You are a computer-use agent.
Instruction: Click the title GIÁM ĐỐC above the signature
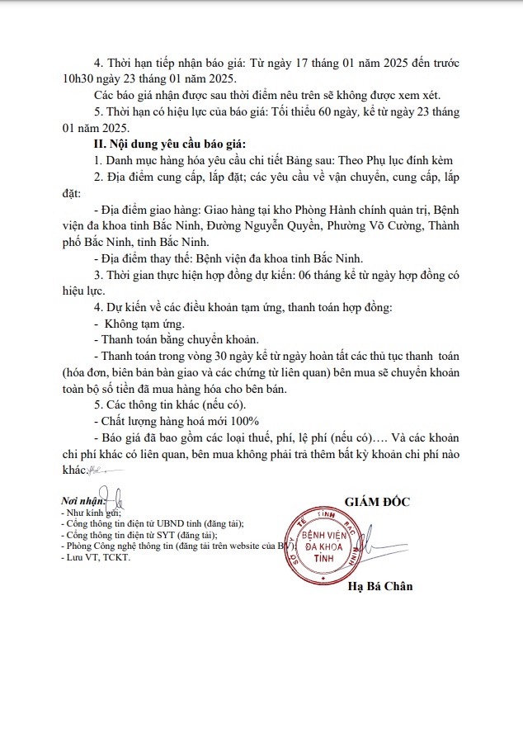(x=376, y=501)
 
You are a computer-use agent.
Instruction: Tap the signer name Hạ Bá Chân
(x=379, y=587)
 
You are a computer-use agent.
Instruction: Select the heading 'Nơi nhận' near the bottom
(x=84, y=501)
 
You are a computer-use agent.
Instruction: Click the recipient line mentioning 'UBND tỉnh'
(x=154, y=523)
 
